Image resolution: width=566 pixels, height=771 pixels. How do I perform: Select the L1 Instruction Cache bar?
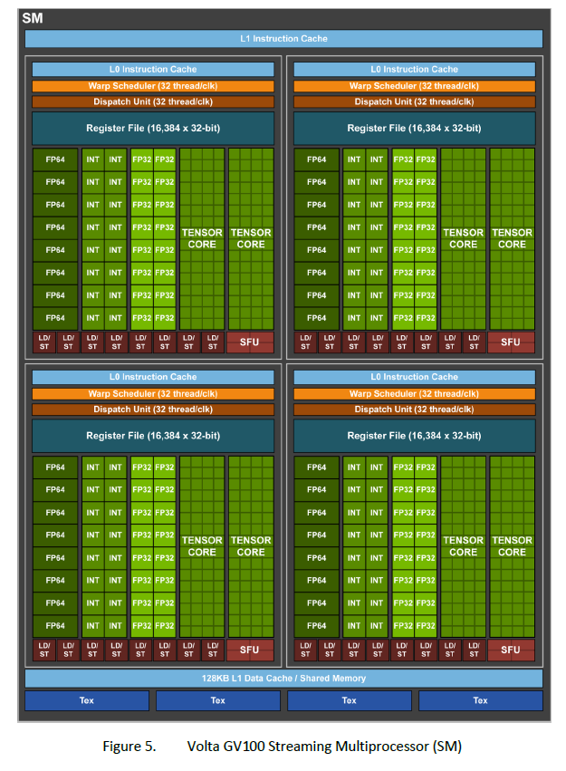tap(283, 39)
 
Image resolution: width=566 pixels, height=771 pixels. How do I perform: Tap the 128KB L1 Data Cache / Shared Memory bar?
tap(283, 679)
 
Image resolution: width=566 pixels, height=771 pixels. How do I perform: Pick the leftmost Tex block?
tap(86, 700)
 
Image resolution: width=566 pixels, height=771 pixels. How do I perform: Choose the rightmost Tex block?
tap(480, 700)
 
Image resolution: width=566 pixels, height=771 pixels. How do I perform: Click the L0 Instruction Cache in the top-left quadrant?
tap(153, 69)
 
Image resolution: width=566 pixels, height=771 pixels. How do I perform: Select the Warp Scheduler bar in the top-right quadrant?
tap(415, 86)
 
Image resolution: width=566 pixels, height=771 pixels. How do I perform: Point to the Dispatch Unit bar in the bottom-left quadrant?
tap(153, 410)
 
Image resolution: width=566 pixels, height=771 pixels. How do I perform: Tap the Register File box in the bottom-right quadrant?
tap(415, 436)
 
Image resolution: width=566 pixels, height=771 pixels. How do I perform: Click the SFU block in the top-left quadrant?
tap(250, 342)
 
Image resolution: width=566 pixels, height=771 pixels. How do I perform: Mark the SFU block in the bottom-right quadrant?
tap(511, 650)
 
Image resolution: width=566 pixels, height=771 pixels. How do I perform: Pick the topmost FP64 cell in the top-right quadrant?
tap(316, 159)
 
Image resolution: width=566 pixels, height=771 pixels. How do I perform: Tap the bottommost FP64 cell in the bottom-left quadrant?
tap(55, 625)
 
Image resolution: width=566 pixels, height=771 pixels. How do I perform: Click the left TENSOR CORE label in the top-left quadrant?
tap(202, 238)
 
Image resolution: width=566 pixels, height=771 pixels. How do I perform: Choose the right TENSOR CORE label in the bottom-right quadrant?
tap(512, 546)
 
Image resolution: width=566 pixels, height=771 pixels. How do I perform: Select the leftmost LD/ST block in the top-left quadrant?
tap(43, 342)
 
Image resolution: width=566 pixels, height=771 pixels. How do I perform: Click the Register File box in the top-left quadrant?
tap(153, 129)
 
